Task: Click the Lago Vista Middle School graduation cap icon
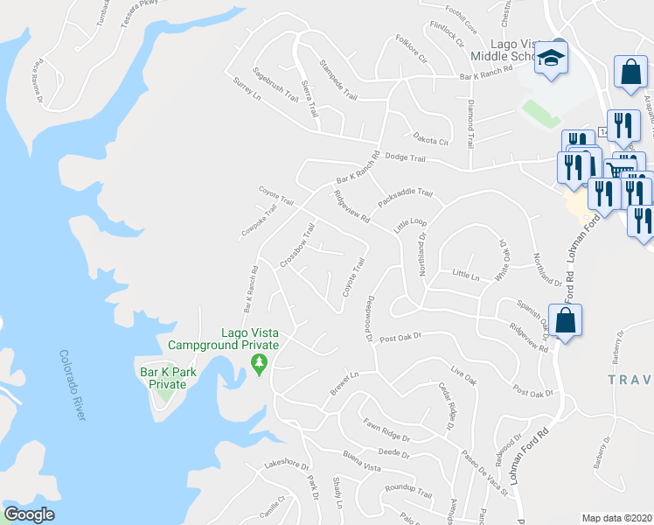coord(552,59)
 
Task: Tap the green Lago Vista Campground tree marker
coord(258,362)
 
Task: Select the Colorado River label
coord(73,385)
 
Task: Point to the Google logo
coord(29,514)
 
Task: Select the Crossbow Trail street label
coord(297,245)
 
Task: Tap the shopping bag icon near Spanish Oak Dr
coord(566,321)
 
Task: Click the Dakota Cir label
coord(430,138)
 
